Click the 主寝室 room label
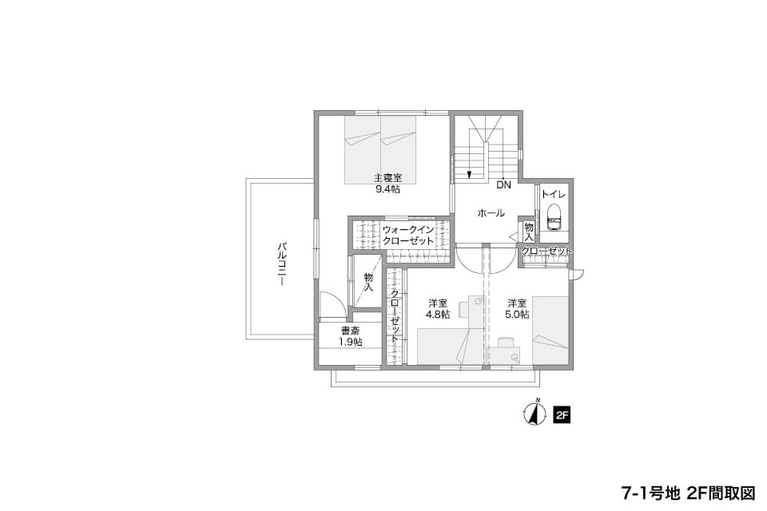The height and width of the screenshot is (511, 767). tap(388, 178)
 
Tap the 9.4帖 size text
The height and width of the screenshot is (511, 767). tap(388, 189)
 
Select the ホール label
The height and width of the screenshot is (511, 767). tap(491, 213)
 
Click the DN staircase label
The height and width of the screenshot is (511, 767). tap(503, 185)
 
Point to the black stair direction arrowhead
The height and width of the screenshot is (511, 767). tap(470, 173)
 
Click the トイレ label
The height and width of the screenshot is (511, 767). tap(554, 195)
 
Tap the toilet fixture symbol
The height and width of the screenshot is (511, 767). tap(554, 216)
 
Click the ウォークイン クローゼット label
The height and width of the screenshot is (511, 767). tap(408, 236)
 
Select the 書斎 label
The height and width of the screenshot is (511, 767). tap(351, 331)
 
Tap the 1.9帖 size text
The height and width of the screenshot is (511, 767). tap(351, 343)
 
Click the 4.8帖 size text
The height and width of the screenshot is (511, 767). tap(438, 315)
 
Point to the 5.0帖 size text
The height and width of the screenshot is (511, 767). tap(517, 315)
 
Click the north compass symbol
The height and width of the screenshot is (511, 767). tap(535, 414)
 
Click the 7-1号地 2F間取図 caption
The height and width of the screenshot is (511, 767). tap(688, 493)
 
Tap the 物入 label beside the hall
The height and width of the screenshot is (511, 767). tap(529, 232)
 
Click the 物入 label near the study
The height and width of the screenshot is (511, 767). tap(369, 282)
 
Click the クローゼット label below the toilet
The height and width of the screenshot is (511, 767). tap(546, 252)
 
